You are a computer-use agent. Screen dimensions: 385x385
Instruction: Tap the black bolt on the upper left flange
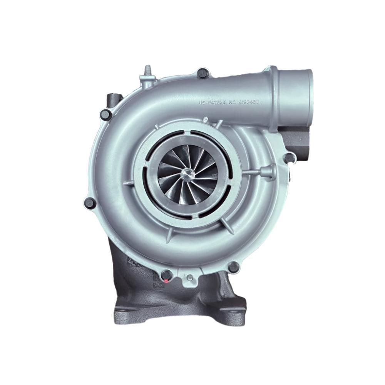pyautogui.click(x=104, y=113)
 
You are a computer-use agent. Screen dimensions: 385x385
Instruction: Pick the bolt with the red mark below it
pyautogui.click(x=166, y=275)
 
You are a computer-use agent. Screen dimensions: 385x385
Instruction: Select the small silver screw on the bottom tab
pyautogui.click(x=189, y=276)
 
